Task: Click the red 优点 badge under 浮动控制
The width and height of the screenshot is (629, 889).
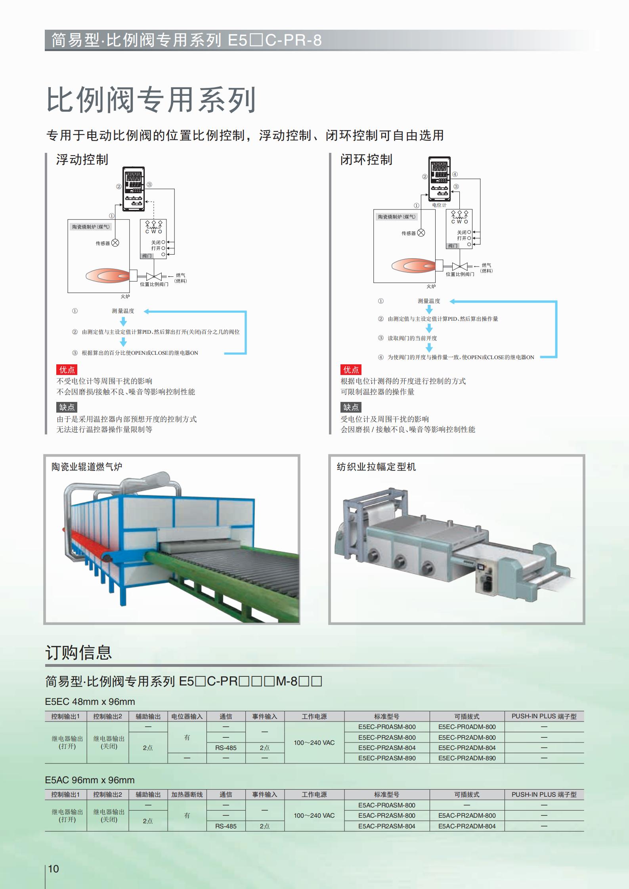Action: tap(67, 370)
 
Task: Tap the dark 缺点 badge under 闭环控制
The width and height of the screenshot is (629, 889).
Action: tap(351, 407)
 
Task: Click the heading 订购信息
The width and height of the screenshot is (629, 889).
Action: tap(78, 653)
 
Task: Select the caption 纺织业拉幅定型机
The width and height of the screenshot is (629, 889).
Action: tap(376, 467)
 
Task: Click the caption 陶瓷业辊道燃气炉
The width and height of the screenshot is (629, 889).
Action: tap(87, 467)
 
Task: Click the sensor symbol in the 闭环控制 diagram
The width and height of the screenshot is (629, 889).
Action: tap(421, 233)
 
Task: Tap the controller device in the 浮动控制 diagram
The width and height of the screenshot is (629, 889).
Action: tap(133, 188)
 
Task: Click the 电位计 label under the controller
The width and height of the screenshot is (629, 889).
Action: tap(439, 205)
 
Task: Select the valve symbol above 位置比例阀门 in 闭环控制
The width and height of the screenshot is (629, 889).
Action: tap(460, 267)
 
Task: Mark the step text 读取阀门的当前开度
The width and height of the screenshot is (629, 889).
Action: tap(412, 338)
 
